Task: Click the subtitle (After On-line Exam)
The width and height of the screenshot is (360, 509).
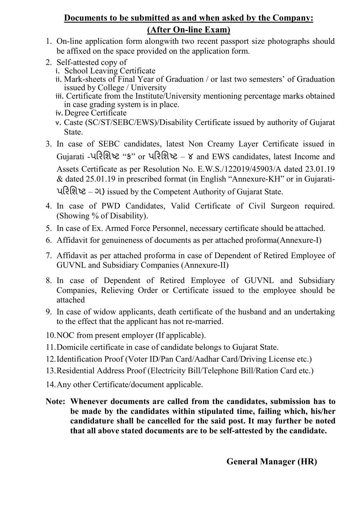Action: point(189,30)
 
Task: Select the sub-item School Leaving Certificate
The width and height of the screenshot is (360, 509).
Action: point(110,71)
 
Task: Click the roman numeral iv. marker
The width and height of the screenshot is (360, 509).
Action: point(59,113)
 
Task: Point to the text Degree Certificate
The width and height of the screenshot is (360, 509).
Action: point(95,113)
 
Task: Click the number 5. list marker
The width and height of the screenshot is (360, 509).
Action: point(49,228)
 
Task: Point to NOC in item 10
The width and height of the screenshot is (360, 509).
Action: point(66,335)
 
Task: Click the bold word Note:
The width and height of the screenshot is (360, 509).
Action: point(55,401)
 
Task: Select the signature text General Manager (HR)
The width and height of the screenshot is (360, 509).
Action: point(272,461)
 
